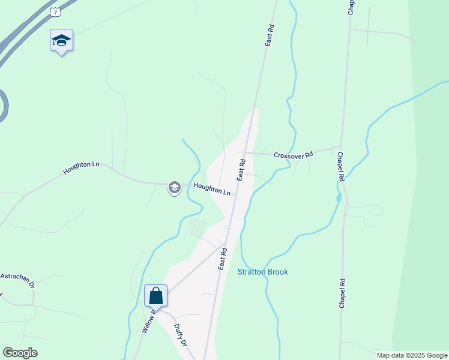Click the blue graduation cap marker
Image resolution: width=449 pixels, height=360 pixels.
point(61,40)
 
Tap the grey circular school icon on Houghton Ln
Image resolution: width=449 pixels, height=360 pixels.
point(174,188)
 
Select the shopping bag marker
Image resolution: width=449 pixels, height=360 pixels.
point(155,296)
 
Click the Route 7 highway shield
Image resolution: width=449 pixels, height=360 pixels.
point(56,11)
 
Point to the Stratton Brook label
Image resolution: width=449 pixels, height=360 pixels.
point(263,272)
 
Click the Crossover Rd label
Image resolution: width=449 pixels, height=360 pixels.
point(293,155)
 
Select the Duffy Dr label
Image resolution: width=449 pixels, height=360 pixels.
point(180,335)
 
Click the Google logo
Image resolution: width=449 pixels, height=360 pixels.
point(20,353)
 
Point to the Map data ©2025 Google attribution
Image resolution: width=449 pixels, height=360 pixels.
point(412,355)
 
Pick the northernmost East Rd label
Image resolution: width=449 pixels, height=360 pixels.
point(270,35)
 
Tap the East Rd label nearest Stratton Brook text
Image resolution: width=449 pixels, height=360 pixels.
point(222,258)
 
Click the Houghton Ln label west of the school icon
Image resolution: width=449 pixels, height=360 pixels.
point(81,168)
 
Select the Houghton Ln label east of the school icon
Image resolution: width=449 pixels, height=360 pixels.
point(212,190)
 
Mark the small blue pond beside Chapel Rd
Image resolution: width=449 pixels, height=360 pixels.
point(339,196)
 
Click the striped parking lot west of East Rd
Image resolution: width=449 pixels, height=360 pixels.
point(197,228)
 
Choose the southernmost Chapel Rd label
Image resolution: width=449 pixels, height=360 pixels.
point(342,293)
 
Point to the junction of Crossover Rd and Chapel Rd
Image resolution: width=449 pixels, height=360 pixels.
point(340,146)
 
